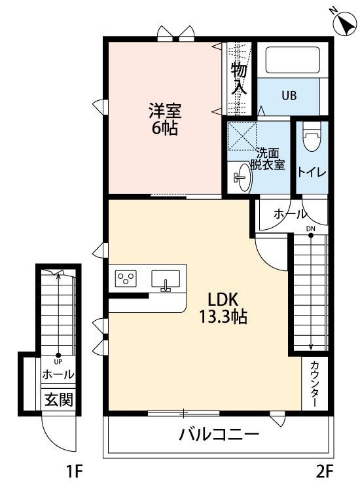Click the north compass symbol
[345, 22]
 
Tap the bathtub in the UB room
[293, 60]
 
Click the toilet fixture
[312, 137]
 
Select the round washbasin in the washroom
[243, 177]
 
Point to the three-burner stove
[126, 278]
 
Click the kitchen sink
[166, 280]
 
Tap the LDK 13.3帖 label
[223, 308]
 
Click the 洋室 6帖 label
[165, 119]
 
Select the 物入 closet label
[239, 79]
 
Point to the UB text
[289, 95]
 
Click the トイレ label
[312, 172]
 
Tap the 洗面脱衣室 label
[268, 159]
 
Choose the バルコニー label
[219, 434]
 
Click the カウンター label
[315, 384]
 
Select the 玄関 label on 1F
[58, 399]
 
